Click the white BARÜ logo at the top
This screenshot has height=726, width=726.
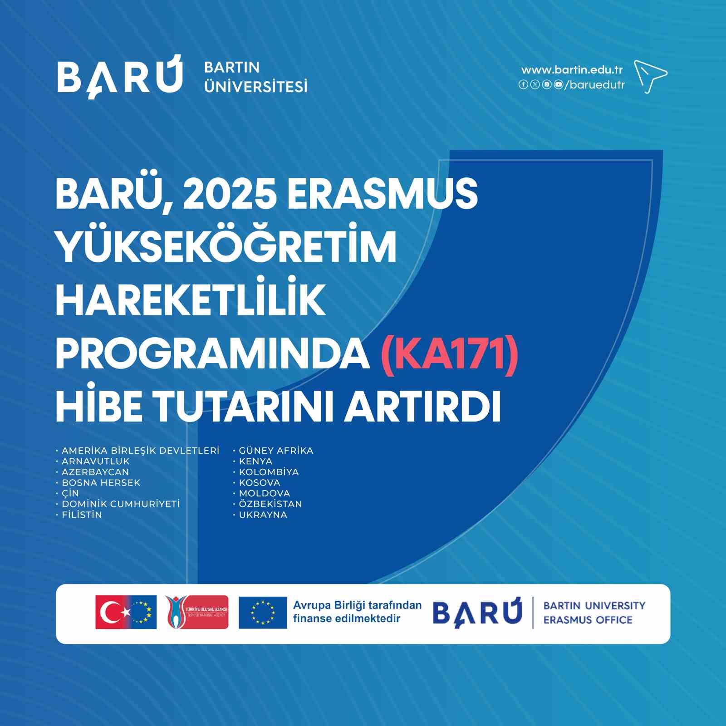tap(120, 76)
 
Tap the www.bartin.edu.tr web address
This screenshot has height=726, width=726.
tap(571, 70)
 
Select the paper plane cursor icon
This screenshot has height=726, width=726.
tap(650, 76)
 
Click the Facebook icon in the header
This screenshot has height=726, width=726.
tap(523, 84)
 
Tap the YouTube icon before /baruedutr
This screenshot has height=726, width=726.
tap(558, 84)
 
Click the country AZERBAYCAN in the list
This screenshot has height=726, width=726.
tap(95, 472)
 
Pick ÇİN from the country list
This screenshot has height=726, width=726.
tap(70, 493)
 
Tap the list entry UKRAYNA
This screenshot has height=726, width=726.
tap(263, 515)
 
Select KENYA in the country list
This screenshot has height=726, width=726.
tap(255, 461)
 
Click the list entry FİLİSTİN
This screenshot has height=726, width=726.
tap(82, 515)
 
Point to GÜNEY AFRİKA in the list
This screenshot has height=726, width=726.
tap(276, 451)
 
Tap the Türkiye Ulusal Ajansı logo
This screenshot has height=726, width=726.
tap(197, 612)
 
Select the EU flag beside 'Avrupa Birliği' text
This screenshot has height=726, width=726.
tap(263, 613)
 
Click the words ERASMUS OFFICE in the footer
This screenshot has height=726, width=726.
tap(588, 620)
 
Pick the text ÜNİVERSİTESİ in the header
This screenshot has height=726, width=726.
tap(256, 86)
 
